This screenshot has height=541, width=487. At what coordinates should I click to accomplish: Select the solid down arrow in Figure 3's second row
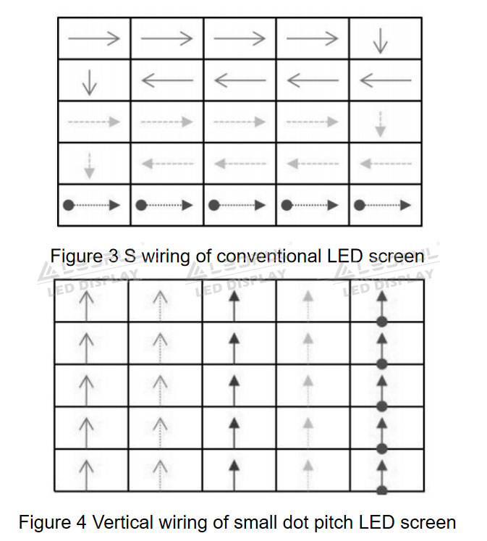click(90, 81)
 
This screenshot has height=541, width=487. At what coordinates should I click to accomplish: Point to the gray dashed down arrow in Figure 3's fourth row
click(90, 164)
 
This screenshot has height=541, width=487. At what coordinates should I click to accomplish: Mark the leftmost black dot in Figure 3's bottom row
click(69, 205)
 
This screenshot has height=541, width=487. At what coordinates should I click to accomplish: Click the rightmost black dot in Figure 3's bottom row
click(359, 205)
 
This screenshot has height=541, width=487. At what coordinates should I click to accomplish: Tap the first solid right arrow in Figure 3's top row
click(94, 38)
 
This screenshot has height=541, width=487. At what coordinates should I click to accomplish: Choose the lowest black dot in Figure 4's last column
click(381, 490)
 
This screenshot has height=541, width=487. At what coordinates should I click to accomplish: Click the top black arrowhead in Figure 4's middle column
click(234, 297)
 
